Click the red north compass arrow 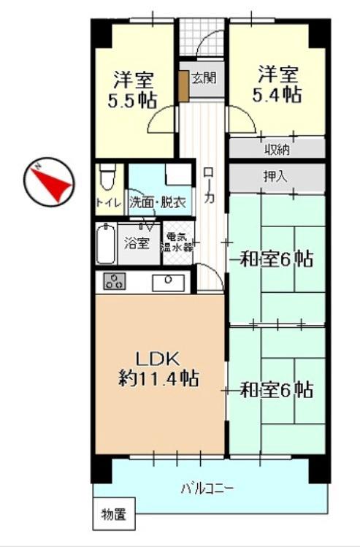[x=53, y=183]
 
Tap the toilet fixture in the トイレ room [x=107, y=177]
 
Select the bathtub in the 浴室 [x=106, y=243]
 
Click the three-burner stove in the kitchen [x=115, y=281]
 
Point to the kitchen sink [x=169, y=282]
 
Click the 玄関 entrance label [x=204, y=78]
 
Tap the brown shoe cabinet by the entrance [x=184, y=86]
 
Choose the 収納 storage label [x=277, y=150]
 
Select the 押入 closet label [x=275, y=177]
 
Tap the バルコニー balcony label [x=207, y=488]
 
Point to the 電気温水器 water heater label [x=178, y=242]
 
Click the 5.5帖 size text [x=132, y=102]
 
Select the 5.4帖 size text [x=277, y=94]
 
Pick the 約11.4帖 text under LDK [x=158, y=378]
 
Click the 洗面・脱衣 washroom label [x=158, y=202]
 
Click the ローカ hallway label [x=209, y=185]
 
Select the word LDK [x=157, y=359]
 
